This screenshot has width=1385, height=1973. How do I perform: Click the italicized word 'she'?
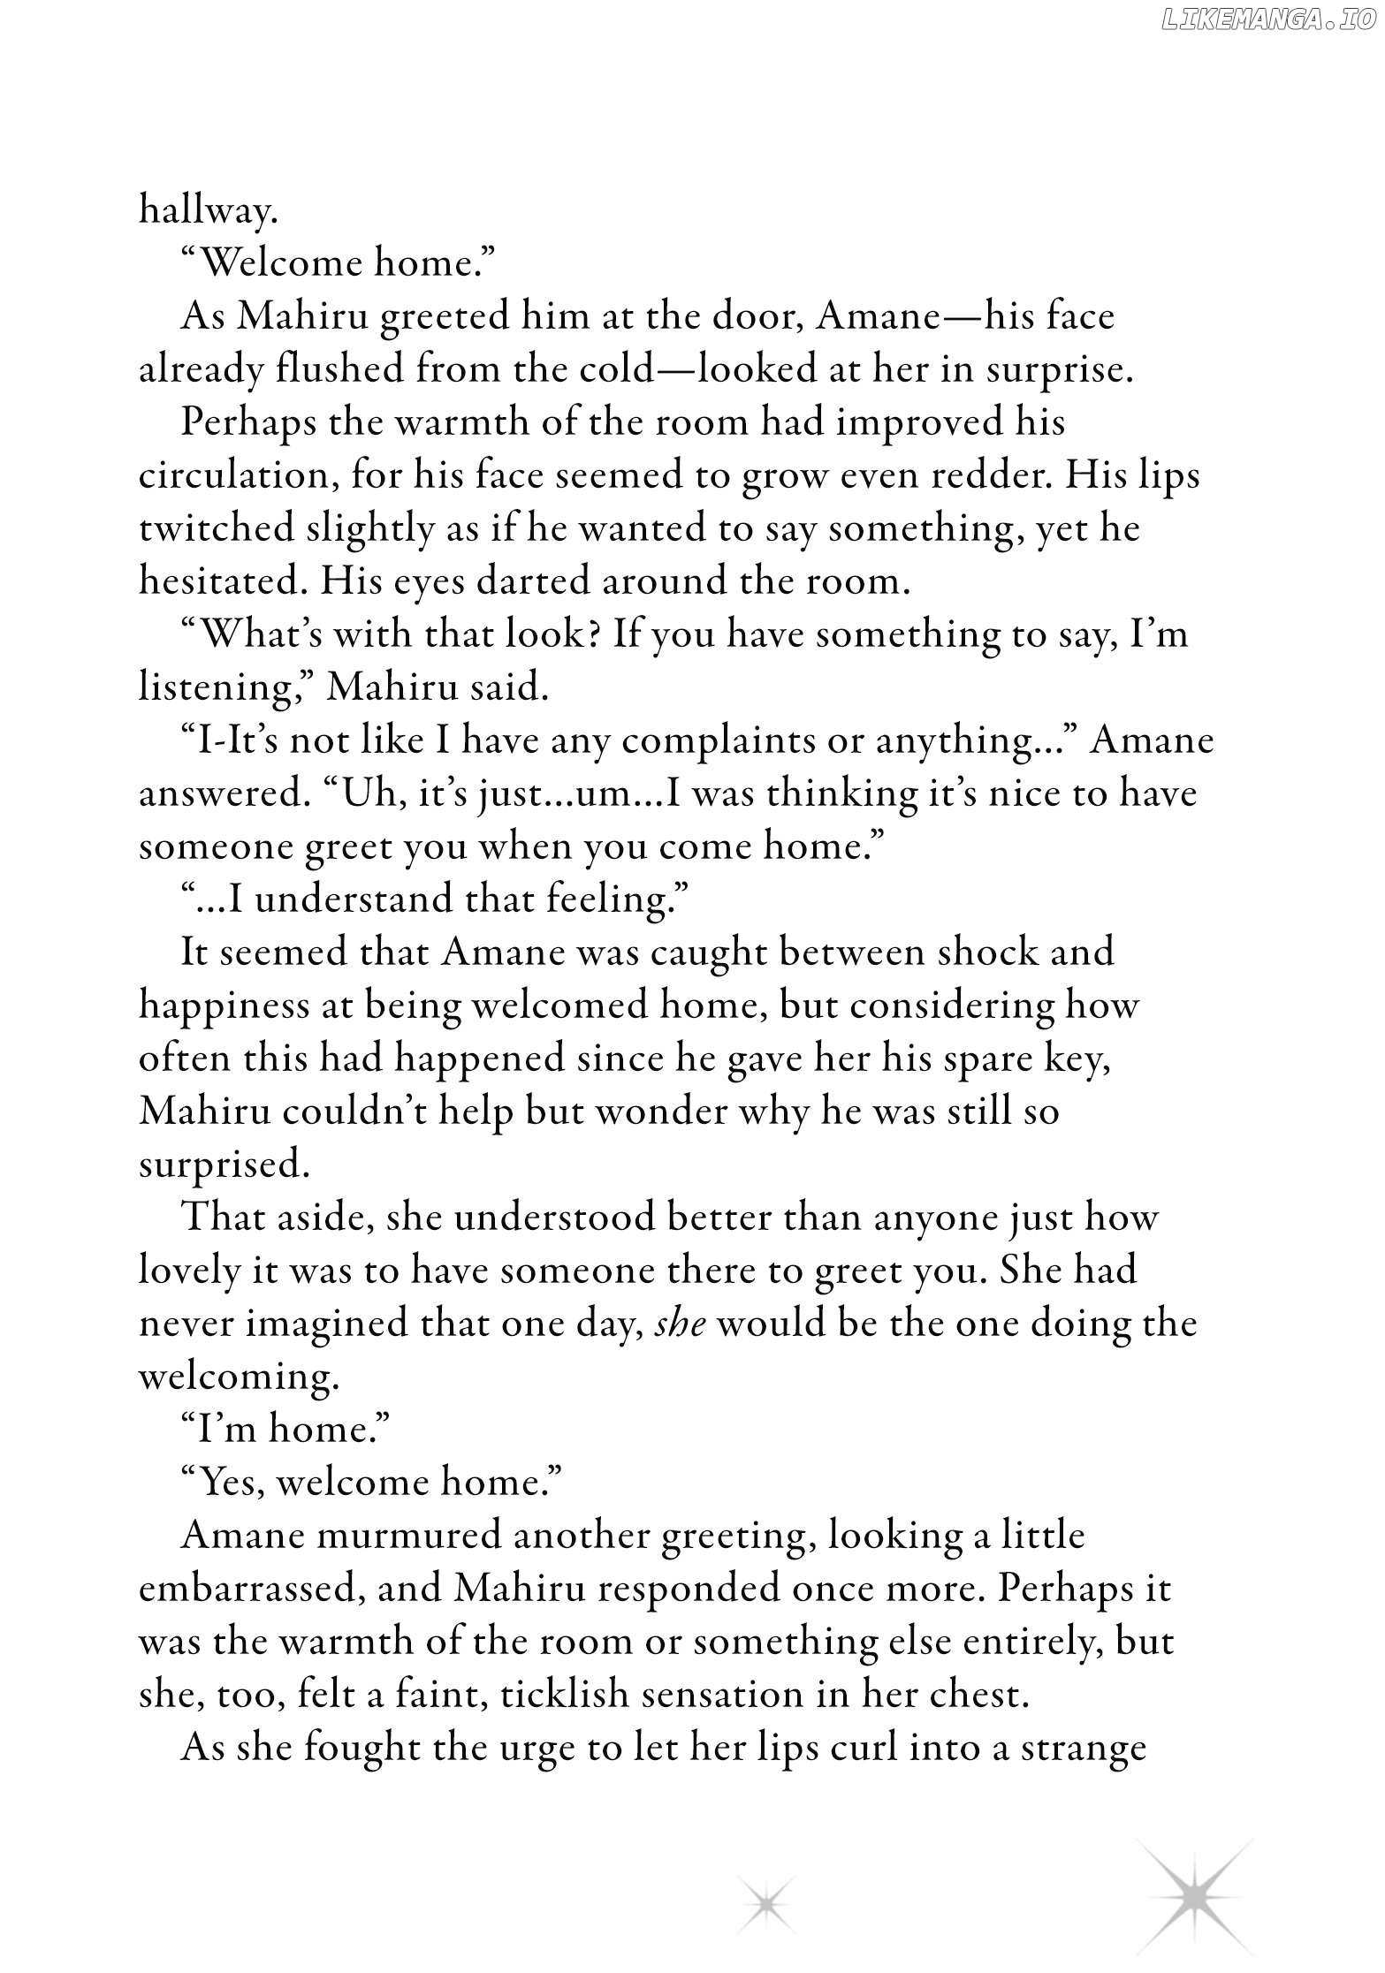point(680,1324)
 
